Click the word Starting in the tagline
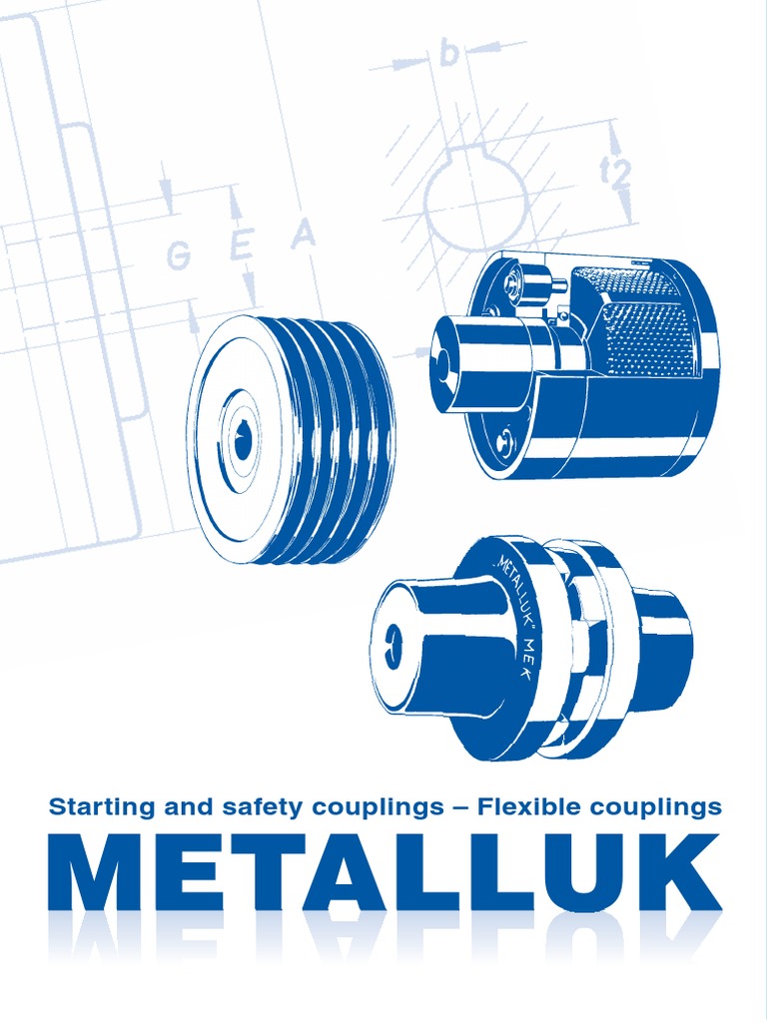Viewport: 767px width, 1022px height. click(95, 807)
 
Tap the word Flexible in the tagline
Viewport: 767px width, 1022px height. click(529, 806)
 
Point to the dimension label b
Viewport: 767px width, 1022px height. click(449, 53)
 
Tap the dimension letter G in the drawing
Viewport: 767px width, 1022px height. click(179, 256)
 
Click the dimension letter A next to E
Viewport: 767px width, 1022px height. click(303, 236)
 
